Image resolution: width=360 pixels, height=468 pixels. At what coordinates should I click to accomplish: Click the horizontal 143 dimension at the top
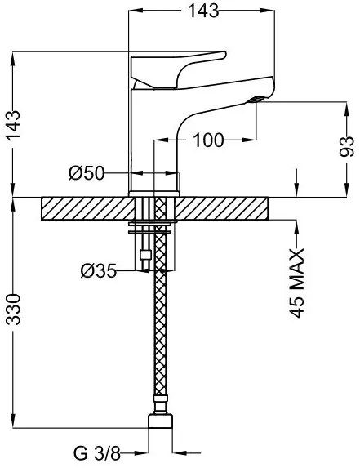click(x=204, y=11)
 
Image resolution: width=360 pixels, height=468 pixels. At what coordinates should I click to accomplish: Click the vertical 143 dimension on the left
click(x=14, y=125)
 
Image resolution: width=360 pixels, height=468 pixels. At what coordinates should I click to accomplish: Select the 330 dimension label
click(x=14, y=310)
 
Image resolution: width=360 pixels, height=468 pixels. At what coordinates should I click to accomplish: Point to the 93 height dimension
click(x=347, y=146)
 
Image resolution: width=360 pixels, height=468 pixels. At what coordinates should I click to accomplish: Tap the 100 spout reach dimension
click(x=208, y=140)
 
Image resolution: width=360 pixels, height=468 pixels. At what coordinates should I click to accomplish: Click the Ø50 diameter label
click(x=87, y=173)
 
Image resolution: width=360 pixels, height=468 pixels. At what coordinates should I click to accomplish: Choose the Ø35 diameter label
click(x=99, y=271)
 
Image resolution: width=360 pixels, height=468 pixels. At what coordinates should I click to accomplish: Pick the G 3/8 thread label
click(x=97, y=453)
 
